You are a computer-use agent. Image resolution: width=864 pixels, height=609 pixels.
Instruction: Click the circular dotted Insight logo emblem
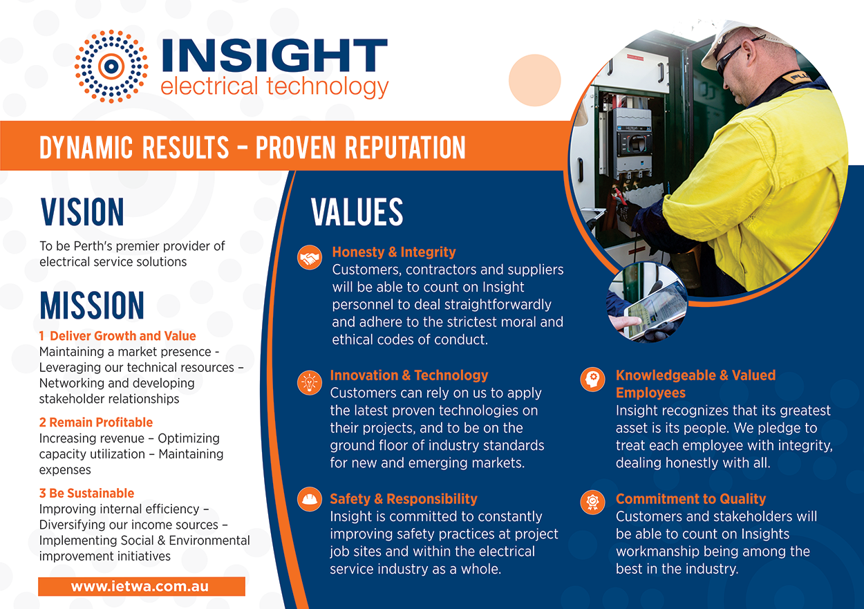[111, 66]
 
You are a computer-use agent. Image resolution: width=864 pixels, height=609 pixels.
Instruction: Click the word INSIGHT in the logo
[274, 55]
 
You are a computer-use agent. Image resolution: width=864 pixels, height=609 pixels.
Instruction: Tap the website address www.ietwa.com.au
[140, 586]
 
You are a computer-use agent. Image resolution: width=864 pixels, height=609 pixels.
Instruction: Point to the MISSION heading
[92, 306]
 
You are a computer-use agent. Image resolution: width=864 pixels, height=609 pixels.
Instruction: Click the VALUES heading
[357, 212]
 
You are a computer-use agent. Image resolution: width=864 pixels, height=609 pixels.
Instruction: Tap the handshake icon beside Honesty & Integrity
[310, 257]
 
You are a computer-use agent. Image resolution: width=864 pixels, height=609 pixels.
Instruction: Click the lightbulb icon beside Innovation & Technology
[310, 382]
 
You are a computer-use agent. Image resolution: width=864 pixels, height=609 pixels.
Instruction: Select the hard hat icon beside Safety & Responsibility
[310, 499]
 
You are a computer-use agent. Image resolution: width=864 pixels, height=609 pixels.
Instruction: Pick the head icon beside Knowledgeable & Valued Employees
[592, 379]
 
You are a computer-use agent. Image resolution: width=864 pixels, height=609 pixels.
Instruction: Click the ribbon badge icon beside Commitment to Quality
[592, 503]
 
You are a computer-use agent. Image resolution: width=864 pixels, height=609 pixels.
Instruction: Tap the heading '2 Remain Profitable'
[95, 422]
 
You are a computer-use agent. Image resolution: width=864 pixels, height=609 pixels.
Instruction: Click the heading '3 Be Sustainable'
[86, 493]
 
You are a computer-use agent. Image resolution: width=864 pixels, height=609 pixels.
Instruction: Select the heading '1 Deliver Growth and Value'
[118, 336]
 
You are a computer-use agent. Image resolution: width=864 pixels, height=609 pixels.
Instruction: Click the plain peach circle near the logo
[534, 80]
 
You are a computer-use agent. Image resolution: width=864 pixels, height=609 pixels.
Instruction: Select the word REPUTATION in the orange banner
[405, 147]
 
